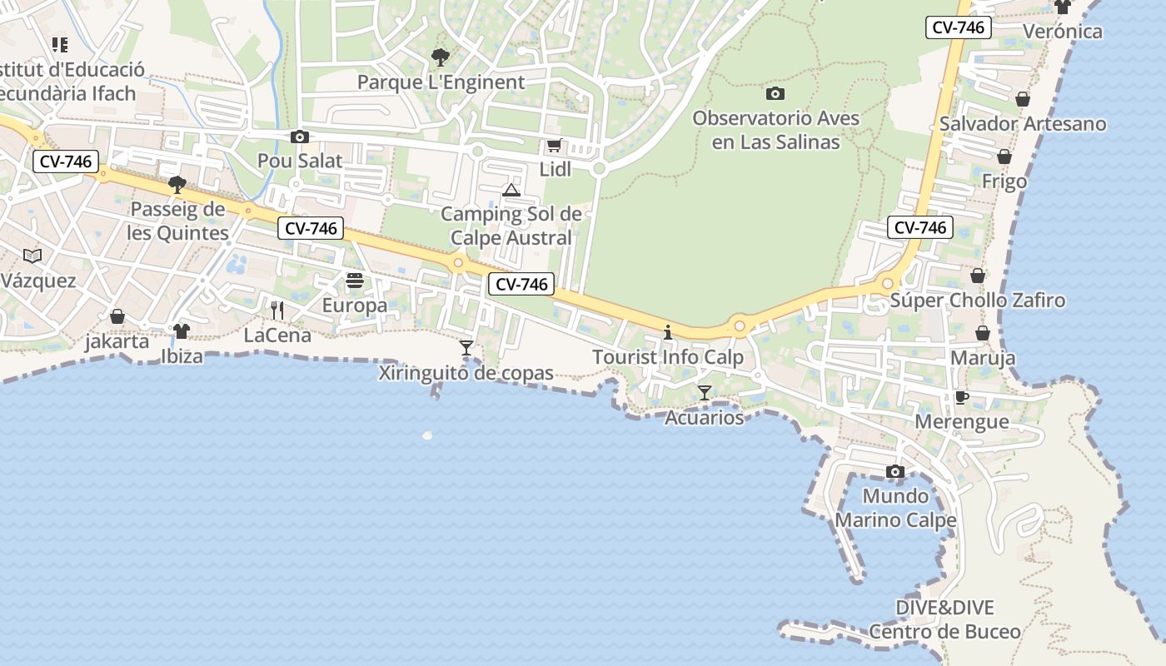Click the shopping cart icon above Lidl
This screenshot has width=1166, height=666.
pos(554,146)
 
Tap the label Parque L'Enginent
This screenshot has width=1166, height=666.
pos(441,82)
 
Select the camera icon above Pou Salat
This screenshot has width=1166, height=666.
pos(300,137)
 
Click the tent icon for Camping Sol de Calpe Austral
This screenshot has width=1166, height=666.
pos(511,191)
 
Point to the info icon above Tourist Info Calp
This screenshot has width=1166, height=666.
pos(667,333)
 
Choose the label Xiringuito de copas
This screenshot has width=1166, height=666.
pos(466,373)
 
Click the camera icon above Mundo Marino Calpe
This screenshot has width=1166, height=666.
pos(895,472)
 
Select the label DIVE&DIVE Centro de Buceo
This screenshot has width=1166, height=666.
pos(944,619)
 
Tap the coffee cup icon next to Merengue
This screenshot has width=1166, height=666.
pos(961,397)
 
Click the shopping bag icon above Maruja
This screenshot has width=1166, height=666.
pos(983,334)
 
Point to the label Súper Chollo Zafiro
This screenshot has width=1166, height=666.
pos(978,301)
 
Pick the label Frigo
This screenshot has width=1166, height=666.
pos(1004,181)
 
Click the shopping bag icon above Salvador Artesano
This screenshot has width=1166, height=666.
pos(1023,100)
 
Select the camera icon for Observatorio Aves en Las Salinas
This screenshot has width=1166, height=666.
pos(775,93)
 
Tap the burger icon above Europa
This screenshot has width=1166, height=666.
pos(355,281)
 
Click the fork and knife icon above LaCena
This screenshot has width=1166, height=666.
pos(277,311)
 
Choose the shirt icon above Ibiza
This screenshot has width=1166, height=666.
pos(182,331)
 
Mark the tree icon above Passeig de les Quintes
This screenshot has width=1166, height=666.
pos(177,184)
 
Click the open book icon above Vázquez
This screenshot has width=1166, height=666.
pos(32,256)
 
